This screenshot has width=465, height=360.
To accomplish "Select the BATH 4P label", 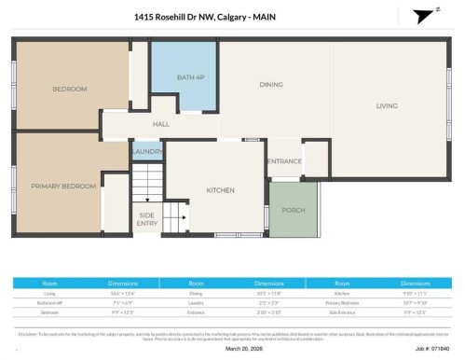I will point(190,76).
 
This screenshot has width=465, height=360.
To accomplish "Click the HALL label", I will point(161,124).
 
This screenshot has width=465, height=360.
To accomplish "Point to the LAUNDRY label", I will point(147,151).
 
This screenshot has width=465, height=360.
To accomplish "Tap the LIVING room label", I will point(387,105).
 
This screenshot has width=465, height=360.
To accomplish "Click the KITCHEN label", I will point(221,191).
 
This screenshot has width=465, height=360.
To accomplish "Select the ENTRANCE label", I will point(284,161).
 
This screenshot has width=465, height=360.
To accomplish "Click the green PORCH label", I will point(294,210).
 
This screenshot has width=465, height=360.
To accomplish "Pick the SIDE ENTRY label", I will point(147,220).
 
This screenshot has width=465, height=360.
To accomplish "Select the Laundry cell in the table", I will point(196,302).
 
